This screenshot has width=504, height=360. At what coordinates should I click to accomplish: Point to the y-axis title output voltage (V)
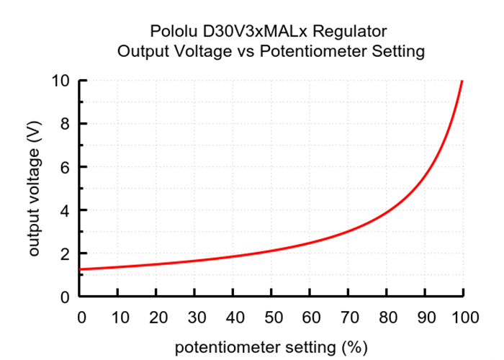coord(34,189)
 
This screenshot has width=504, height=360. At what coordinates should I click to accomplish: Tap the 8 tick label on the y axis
coord(65,124)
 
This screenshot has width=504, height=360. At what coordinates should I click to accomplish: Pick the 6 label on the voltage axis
coord(65,167)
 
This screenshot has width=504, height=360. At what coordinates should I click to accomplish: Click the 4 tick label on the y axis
coord(65,210)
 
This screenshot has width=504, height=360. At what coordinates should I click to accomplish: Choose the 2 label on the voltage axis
coord(65,253)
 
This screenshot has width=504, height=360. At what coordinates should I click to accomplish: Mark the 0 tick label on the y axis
coord(65,297)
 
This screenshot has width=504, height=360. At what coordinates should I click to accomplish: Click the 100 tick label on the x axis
coord(463,317)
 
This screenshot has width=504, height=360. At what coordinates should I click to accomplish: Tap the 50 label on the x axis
coord(271,317)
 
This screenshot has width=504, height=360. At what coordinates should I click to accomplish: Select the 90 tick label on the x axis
coord(425,317)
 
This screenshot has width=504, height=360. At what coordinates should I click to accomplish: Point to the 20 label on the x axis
coord(156,317)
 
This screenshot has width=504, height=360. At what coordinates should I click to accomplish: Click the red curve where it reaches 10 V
coord(462,81)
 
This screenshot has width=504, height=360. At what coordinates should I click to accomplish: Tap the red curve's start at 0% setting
coord(81,269)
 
